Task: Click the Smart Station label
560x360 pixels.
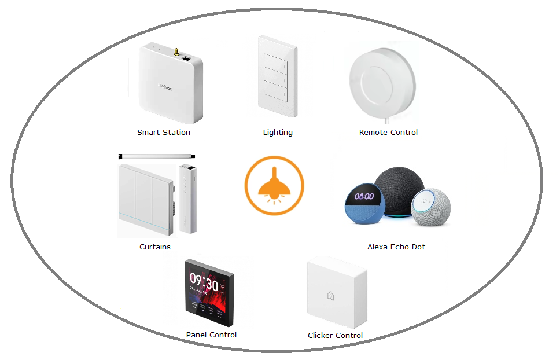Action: tap(164, 133)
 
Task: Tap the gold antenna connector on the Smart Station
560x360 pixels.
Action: tap(174, 52)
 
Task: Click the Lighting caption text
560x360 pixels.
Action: tap(278, 133)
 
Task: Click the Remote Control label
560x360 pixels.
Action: tap(388, 133)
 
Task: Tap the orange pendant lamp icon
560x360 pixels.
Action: tap(274, 186)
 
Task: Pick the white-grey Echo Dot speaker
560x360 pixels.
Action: tap(430, 207)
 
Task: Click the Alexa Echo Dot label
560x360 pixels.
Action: tap(396, 247)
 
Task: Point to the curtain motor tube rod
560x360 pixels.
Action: tap(156, 156)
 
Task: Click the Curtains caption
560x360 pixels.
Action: tap(155, 247)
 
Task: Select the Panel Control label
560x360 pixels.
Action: tap(211, 335)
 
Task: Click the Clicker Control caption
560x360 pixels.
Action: tap(335, 336)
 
